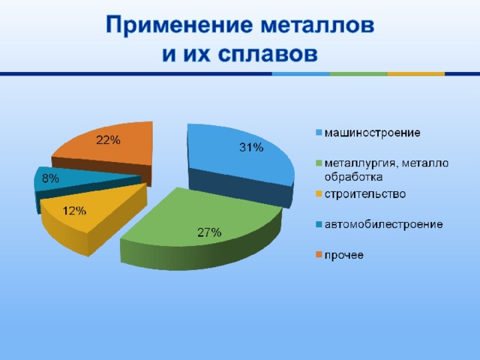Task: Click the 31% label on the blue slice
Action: [x=251, y=148]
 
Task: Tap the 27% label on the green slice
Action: [x=209, y=232]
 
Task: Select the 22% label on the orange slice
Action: [x=108, y=140]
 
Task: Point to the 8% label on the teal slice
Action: [x=50, y=178]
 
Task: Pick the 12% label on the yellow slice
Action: [x=74, y=211]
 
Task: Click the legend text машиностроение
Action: [x=372, y=133]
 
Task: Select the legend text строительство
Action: [x=365, y=194]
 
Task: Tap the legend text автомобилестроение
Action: [x=383, y=224]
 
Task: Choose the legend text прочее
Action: [x=344, y=255]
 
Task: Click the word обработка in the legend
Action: [x=353, y=177]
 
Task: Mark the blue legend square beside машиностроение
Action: [x=319, y=133]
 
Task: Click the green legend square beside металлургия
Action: [x=319, y=163]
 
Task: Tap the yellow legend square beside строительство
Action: [x=319, y=193]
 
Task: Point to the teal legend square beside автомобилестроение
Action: [x=319, y=224]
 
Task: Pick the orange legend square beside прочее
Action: [x=319, y=255]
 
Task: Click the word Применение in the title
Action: [x=179, y=25]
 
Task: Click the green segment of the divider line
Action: [x=358, y=73]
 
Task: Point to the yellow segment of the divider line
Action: [x=416, y=73]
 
